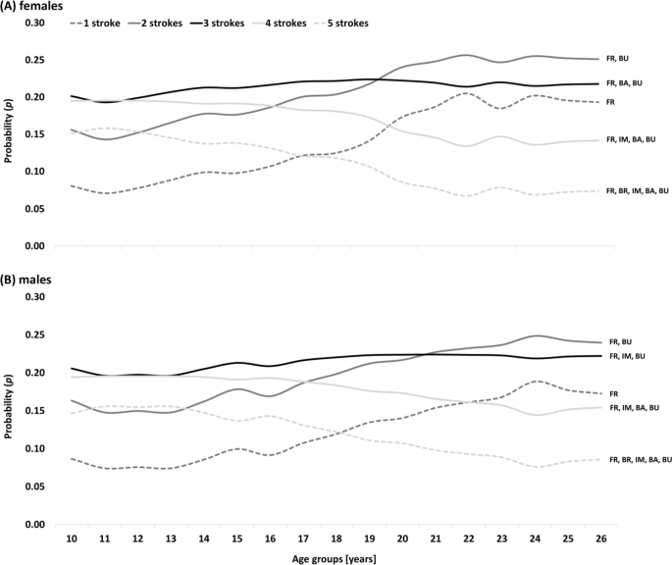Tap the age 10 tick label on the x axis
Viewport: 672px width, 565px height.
pos(72,538)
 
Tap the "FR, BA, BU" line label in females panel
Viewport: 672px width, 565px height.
pos(629,83)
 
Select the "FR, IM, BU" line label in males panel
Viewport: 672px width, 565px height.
pos(629,356)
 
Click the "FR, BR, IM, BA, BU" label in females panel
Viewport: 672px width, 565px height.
pos(639,190)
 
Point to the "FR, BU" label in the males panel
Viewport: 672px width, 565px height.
pos(621,341)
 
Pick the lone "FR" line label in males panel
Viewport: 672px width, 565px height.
pos(614,393)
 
